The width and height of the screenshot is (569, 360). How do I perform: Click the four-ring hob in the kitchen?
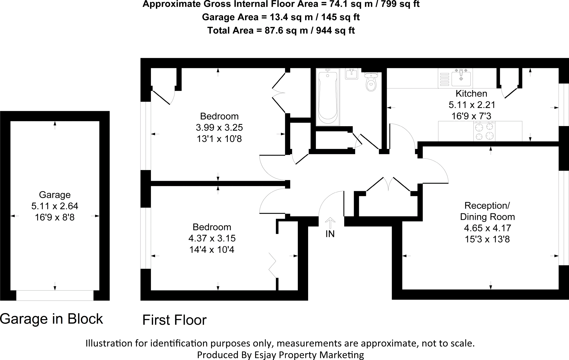pyautogui.click(x=484, y=131)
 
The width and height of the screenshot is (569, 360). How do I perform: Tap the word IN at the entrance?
pyautogui.click(x=330, y=234)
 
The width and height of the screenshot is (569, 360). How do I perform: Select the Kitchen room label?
pyautogui.click(x=471, y=93)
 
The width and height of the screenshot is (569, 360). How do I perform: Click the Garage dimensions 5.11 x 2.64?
pyautogui.click(x=55, y=206)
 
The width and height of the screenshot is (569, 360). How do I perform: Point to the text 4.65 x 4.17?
pyautogui.click(x=487, y=228)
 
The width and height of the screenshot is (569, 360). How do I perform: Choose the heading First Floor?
pyautogui.click(x=174, y=320)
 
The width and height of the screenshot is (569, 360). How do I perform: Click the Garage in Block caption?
pyautogui.click(x=51, y=319)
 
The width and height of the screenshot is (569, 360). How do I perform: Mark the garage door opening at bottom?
pyautogui.click(x=55, y=296)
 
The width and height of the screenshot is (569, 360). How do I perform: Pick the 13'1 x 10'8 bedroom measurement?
pyautogui.click(x=219, y=139)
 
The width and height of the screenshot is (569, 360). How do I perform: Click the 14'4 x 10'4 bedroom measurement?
pyautogui.click(x=212, y=249)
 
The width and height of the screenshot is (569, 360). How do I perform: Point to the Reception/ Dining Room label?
pyautogui.click(x=487, y=211)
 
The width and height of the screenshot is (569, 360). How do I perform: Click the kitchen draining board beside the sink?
pyautogui.click(x=445, y=79)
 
